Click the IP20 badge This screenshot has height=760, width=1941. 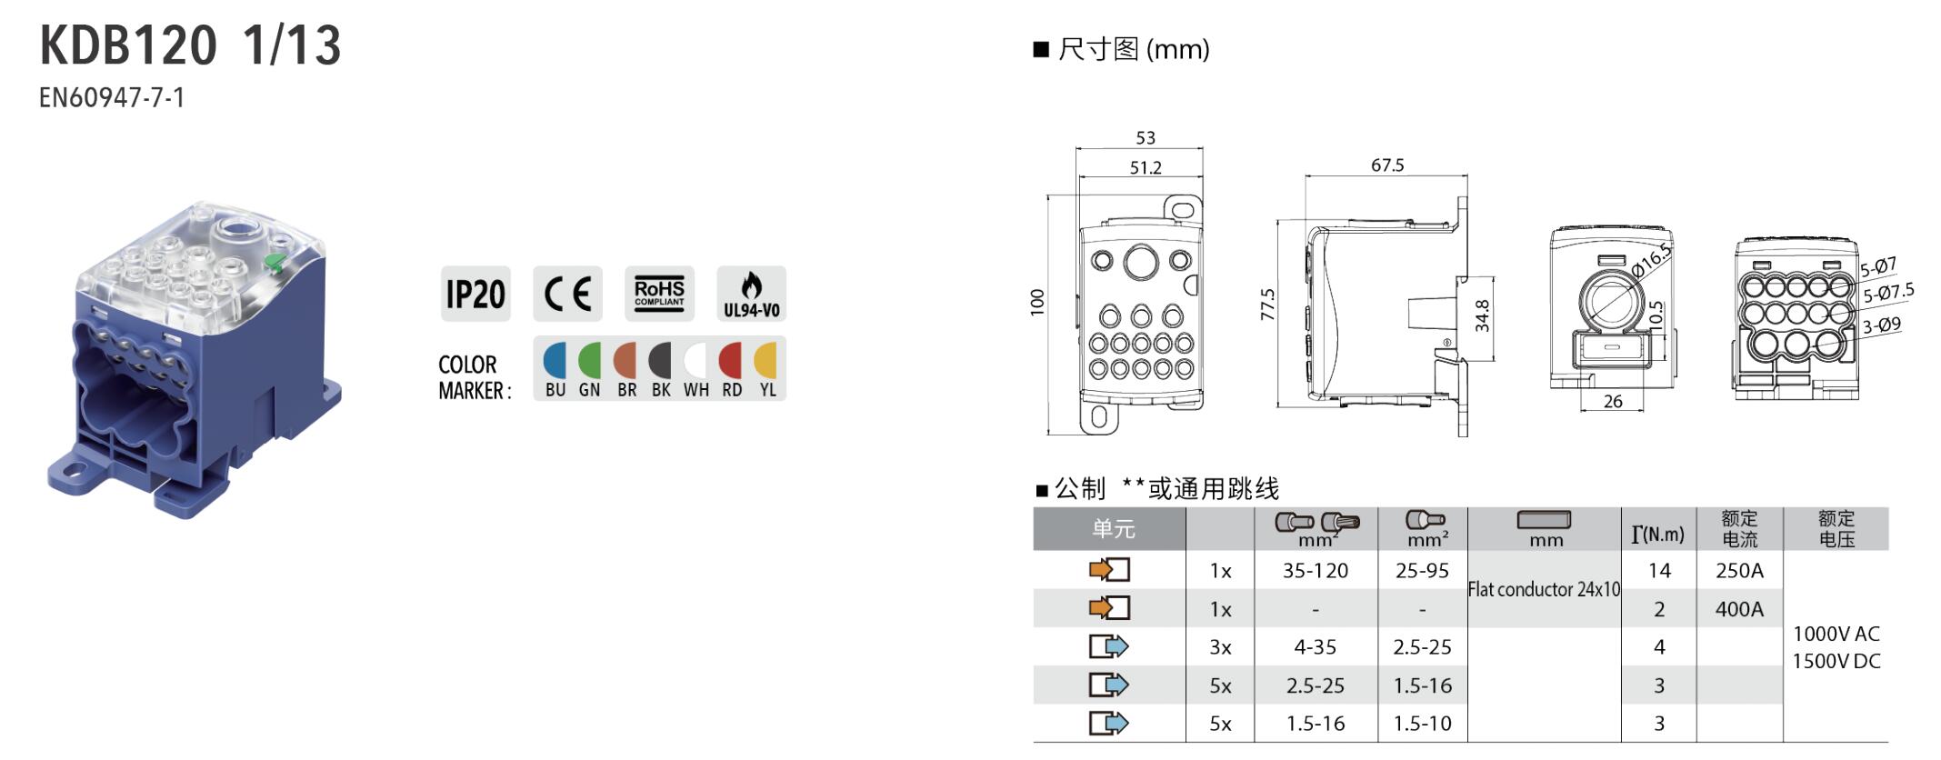click(x=475, y=294)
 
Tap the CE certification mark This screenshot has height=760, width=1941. click(x=567, y=294)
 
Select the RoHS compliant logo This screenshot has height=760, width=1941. click(x=659, y=294)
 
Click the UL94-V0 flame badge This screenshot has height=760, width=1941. click(x=751, y=294)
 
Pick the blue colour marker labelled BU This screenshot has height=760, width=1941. click(x=555, y=361)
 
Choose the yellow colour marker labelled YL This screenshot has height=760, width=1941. click(x=766, y=361)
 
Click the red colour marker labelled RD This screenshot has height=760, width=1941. click(x=731, y=361)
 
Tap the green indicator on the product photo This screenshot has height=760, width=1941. click(x=273, y=264)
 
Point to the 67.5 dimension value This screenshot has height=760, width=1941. click(x=1387, y=165)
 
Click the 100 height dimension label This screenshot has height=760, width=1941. click(x=1037, y=302)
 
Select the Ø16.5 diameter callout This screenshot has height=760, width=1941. click(x=1651, y=261)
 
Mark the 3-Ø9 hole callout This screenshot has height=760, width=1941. click(x=1881, y=325)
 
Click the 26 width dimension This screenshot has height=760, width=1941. click(x=1613, y=401)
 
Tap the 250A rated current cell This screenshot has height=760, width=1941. click(x=1739, y=571)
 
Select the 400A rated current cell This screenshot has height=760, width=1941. click(x=1739, y=609)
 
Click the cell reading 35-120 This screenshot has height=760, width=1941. click(x=1316, y=571)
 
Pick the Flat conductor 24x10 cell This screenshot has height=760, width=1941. click(x=1544, y=589)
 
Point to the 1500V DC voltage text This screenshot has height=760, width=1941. click(x=1836, y=661)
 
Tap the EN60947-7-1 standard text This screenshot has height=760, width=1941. click(x=112, y=97)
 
